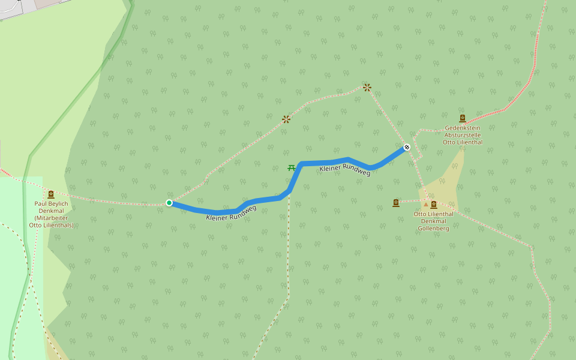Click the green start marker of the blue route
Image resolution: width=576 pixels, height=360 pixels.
[169, 203]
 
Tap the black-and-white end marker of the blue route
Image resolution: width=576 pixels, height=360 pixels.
[407, 147]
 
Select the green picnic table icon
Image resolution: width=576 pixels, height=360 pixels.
[292, 168]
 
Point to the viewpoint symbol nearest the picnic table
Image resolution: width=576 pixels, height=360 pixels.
[286, 119]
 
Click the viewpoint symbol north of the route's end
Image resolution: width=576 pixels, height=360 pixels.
[367, 88]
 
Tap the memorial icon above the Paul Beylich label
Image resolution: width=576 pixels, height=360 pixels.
[51, 194]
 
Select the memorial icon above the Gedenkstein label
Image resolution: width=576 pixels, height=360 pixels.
[462, 118]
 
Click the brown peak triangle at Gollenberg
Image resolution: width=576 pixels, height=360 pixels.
[426, 205]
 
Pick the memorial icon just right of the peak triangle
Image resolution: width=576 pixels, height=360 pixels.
[434, 205]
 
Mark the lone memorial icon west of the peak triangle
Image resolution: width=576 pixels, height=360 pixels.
[396, 203]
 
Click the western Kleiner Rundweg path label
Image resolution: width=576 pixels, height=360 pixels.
[231, 213]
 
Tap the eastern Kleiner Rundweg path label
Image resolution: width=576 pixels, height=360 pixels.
[345, 170]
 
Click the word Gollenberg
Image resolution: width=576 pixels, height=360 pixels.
[433, 229]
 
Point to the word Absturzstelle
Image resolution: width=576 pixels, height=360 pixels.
[463, 135]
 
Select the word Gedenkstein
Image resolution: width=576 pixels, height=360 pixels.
[463, 128]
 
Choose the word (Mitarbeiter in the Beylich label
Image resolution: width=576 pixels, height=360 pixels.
[51, 218]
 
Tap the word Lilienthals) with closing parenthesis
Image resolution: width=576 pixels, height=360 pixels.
[59, 225]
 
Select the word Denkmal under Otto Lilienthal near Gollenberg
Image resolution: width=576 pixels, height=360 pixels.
[433, 221]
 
